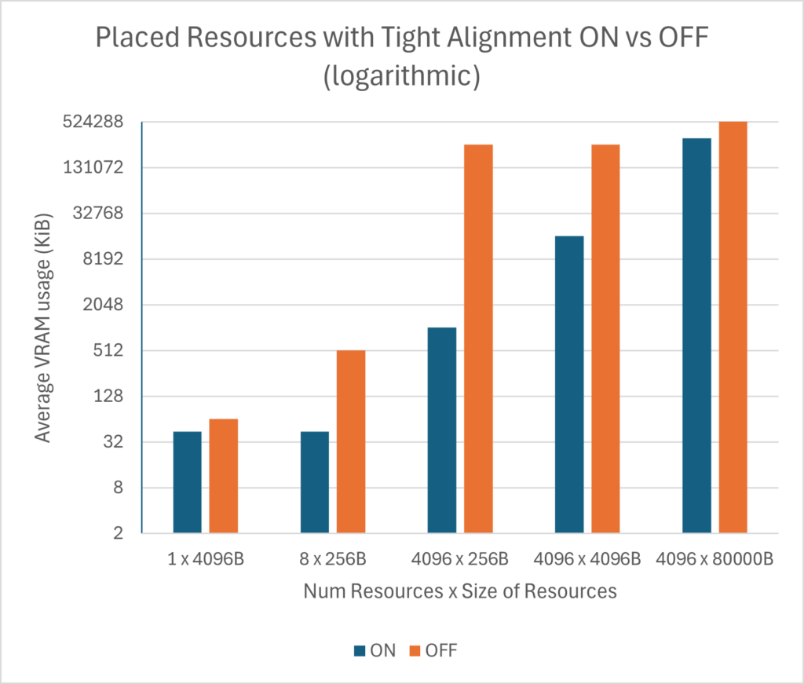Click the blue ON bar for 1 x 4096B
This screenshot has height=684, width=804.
click(187, 482)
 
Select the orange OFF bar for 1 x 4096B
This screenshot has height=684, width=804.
click(224, 476)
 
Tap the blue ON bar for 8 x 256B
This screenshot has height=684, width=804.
click(315, 482)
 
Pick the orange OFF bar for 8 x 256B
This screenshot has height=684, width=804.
click(351, 441)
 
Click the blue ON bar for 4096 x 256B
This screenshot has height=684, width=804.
click(442, 430)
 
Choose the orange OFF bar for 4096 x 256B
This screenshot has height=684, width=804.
click(478, 338)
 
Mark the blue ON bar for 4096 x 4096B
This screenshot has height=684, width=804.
click(569, 385)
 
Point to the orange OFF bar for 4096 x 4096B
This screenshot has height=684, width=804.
click(605, 338)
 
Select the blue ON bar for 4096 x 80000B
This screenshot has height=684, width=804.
click(696, 335)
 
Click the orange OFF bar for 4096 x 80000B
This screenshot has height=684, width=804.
click(733, 327)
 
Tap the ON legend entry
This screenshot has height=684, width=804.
click(375, 651)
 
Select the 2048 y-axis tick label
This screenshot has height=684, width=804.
click(106, 305)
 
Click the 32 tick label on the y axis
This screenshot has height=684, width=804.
click(115, 442)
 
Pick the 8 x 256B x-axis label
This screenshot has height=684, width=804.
click(333, 560)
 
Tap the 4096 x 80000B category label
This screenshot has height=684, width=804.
click(714, 560)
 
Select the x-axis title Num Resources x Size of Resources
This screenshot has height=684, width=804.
click(459, 592)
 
